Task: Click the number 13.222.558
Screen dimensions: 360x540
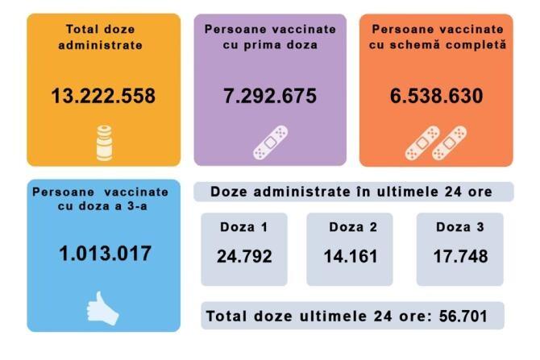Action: pos(103,97)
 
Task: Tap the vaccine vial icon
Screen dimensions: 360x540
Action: pos(102,143)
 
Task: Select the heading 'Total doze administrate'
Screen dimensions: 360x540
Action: pos(103,37)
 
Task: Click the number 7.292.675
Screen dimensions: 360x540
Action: pos(270,97)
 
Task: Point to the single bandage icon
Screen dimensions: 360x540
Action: pos(270,142)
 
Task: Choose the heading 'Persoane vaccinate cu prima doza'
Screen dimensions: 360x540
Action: pos(270,37)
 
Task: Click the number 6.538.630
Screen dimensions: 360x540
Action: pos(436,97)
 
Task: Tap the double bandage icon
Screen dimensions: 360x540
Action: pos(436,142)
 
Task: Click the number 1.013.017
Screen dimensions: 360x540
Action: pos(105,253)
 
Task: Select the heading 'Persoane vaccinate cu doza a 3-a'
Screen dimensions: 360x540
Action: pos(101,199)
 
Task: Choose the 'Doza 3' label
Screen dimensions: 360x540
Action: pos(459,227)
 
